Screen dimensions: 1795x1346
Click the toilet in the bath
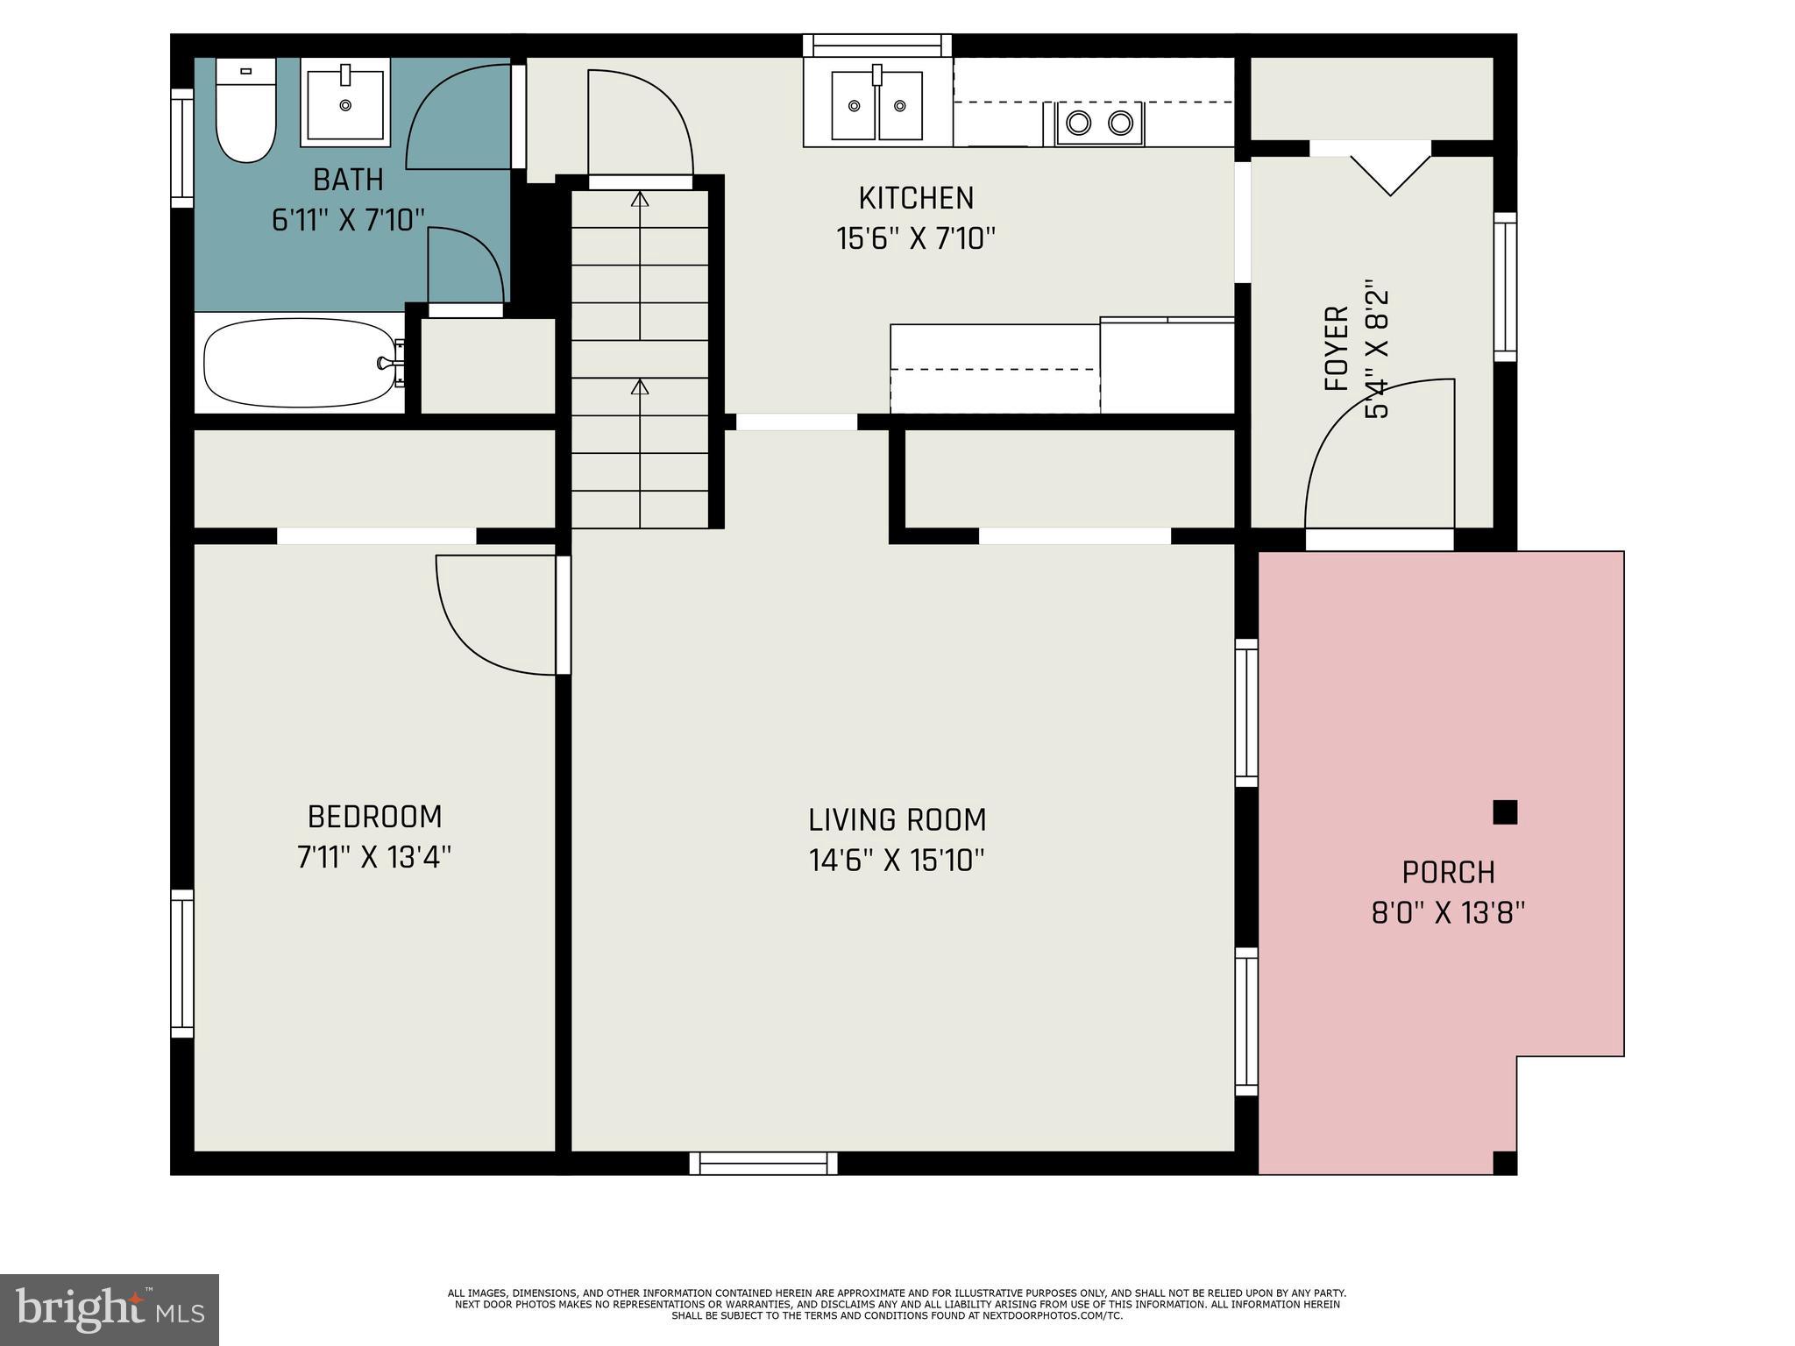pyautogui.click(x=245, y=110)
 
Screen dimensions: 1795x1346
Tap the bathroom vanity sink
pyautogui.click(x=345, y=102)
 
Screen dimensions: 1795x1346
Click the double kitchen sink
pyautogui.click(x=877, y=104)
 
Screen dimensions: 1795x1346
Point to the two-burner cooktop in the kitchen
pyautogui.click(x=1099, y=123)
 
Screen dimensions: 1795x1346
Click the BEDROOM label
pyautogui.click(x=374, y=817)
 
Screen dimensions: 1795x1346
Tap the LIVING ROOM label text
pyautogui.click(x=897, y=820)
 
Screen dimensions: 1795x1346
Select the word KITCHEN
pyautogui.click(x=916, y=198)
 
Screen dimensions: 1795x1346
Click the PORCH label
pyautogui.click(x=1448, y=873)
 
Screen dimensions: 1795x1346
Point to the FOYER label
pyautogui.click(x=1336, y=348)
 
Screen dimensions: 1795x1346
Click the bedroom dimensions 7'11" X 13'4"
pyautogui.click(x=374, y=857)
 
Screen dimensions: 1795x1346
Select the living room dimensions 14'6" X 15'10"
pyautogui.click(x=897, y=861)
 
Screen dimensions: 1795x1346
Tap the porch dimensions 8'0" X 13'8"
pyautogui.click(x=1448, y=913)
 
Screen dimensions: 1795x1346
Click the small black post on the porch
pyautogui.click(x=1505, y=812)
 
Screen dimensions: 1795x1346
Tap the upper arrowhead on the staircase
pyautogui.click(x=641, y=198)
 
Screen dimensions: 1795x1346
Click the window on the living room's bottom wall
pyautogui.click(x=763, y=1163)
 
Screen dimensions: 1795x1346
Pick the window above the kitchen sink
pyautogui.click(x=877, y=46)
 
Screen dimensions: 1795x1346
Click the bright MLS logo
pyautogui.click(x=110, y=1309)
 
